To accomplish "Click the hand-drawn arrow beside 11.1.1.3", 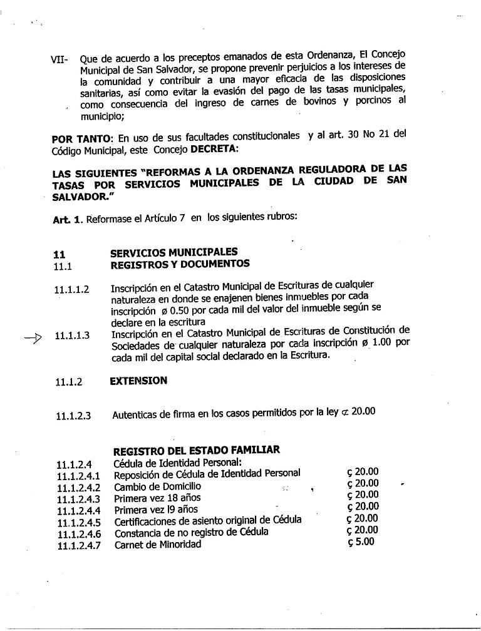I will (x=33, y=339).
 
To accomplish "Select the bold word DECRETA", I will (x=215, y=150).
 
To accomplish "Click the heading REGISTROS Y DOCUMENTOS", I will (x=180, y=264).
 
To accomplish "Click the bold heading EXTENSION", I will (x=138, y=381).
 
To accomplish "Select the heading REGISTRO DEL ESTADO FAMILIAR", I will (x=196, y=449).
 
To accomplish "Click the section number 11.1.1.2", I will (x=71, y=289).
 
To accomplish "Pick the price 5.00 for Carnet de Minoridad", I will (x=361, y=542).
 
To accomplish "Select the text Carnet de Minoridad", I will (x=158, y=545).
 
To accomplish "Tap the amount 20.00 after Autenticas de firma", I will (x=363, y=411).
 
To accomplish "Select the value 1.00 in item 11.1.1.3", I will (x=383, y=342).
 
